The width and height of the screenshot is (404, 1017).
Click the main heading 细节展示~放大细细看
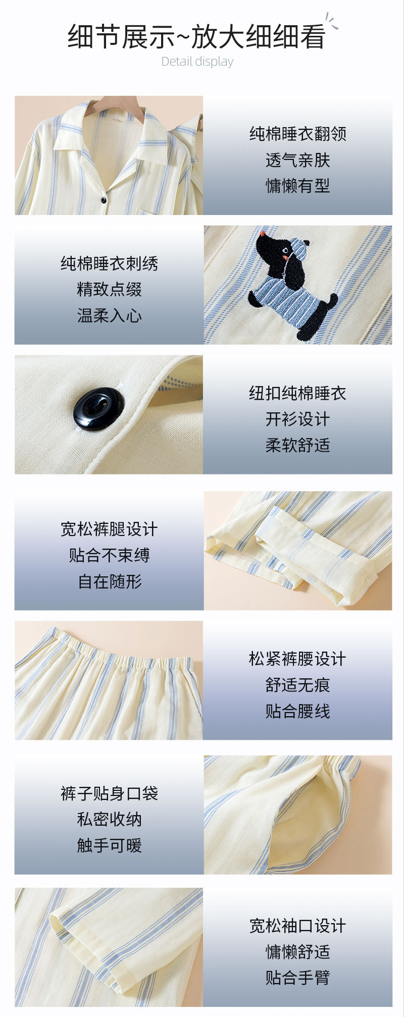click(x=196, y=37)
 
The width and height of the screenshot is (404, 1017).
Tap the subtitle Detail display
click(x=197, y=62)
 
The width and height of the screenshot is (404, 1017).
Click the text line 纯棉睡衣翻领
click(x=297, y=134)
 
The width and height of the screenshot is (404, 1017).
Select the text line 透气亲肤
click(x=297, y=160)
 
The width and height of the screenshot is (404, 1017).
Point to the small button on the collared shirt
click(x=104, y=200)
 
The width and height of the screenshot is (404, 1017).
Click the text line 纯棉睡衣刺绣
click(x=109, y=263)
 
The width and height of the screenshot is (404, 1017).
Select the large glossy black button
click(x=99, y=409)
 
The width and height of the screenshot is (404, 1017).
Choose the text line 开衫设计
click(x=297, y=419)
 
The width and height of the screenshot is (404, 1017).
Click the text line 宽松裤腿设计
click(x=109, y=529)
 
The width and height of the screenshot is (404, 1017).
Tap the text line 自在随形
click(x=109, y=581)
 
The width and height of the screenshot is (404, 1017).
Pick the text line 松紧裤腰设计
click(x=297, y=659)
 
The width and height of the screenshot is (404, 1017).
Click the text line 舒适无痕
click(x=297, y=685)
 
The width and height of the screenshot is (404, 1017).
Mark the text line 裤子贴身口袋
click(x=109, y=793)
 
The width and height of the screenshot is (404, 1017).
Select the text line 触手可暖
click(x=109, y=845)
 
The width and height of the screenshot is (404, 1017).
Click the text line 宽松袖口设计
click(x=297, y=926)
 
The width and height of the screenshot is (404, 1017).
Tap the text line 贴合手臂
click(x=297, y=978)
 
